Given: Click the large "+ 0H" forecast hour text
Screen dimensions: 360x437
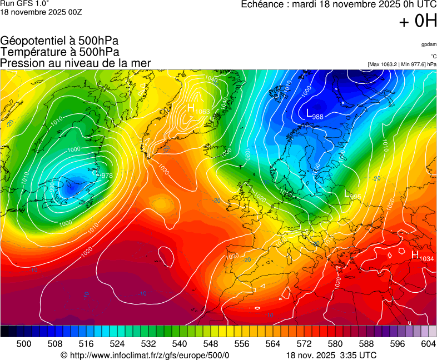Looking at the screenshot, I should (x=418, y=22).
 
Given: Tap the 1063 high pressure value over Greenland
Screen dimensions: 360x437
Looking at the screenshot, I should (x=203, y=112).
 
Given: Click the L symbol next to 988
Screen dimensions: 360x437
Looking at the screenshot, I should (x=310, y=113).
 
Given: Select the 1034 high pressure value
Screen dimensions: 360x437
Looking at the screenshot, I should (x=426, y=259).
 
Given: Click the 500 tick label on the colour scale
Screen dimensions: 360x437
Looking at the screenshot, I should (x=24, y=344).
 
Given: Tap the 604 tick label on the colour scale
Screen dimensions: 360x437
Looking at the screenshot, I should (x=428, y=344).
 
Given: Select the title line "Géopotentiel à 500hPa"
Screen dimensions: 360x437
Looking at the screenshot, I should (x=59, y=41).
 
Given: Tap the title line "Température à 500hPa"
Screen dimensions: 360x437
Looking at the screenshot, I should (x=59, y=52).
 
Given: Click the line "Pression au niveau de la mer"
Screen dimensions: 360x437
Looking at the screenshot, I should (x=76, y=63).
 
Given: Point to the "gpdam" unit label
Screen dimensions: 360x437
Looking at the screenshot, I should (x=428, y=44).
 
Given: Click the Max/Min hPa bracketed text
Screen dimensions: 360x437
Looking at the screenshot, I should (x=402, y=64).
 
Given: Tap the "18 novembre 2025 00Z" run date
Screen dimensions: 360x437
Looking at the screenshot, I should (x=41, y=12).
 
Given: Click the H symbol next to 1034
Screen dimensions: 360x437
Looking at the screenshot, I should (x=415, y=254).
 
